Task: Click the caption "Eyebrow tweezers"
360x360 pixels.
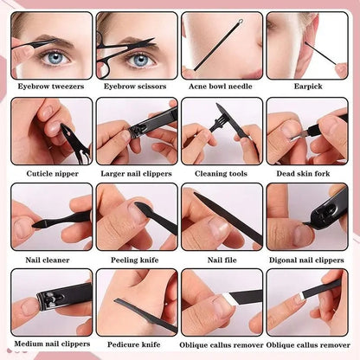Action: pos(51,87)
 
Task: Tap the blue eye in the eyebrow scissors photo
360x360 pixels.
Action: pos(140,60)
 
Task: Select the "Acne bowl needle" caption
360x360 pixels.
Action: pos(221,87)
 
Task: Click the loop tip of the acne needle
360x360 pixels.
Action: pos(241,21)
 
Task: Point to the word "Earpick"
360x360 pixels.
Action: pos(308,87)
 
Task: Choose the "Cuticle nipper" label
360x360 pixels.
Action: pos(53,174)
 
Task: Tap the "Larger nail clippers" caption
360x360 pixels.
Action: pos(136,174)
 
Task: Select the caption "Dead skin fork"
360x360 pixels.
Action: pos(303,173)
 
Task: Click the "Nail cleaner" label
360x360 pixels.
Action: pos(48,260)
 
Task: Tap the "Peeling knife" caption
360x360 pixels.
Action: pos(135,260)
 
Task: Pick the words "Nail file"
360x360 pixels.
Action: pos(222,260)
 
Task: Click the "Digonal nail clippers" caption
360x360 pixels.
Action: pos(306,260)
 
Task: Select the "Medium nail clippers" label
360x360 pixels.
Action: pos(52,344)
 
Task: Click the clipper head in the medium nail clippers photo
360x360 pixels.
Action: pos(49,300)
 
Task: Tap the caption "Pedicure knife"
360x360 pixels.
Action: pos(134,344)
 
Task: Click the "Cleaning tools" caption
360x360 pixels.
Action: pos(221,174)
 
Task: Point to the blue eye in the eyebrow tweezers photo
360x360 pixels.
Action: pos(55,59)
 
